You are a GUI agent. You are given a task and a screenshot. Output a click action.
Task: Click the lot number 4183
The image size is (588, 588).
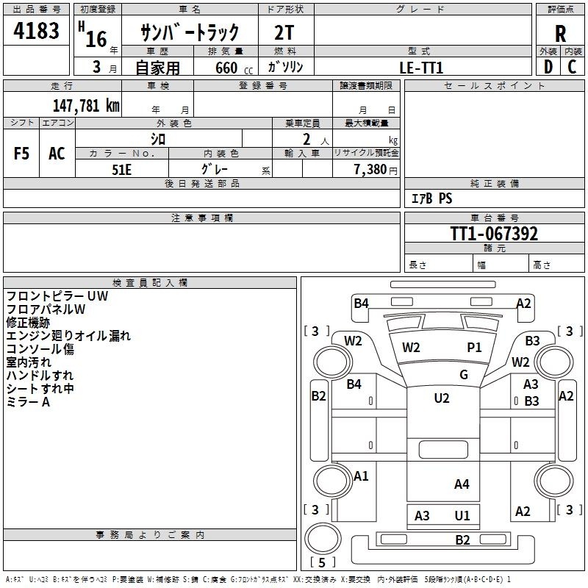[x=36, y=32]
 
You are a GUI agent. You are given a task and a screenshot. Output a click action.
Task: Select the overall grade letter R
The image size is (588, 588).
[x=560, y=33]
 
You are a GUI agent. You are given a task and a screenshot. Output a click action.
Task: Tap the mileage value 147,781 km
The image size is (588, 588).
[x=86, y=105]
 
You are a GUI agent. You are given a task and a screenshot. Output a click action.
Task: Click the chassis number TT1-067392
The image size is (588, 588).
[x=494, y=234]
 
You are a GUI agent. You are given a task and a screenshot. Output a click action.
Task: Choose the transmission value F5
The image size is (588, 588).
[x=21, y=154]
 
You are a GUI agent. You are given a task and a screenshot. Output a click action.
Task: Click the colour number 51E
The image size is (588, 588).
[x=122, y=168]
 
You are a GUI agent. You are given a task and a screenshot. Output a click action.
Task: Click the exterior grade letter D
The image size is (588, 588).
[x=548, y=67]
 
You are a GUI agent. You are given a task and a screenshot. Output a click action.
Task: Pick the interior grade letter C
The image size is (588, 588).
[x=572, y=67]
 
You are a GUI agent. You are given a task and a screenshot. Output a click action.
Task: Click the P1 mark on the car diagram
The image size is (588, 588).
[x=474, y=348]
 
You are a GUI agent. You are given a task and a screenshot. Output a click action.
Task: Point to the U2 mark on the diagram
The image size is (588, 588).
[x=442, y=398]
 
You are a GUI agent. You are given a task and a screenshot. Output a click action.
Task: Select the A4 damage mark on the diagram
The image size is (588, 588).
[x=462, y=484]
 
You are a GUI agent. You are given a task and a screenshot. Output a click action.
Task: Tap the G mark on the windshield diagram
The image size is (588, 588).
[x=464, y=375]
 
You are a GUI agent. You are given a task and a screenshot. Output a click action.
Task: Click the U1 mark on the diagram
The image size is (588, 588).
[x=462, y=516]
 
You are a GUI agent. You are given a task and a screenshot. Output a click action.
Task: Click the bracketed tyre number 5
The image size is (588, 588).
[x=322, y=562]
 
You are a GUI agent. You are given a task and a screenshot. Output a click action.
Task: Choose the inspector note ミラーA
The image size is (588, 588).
[x=28, y=402]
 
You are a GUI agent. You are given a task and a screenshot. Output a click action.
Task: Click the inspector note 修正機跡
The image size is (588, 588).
[x=28, y=323]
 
